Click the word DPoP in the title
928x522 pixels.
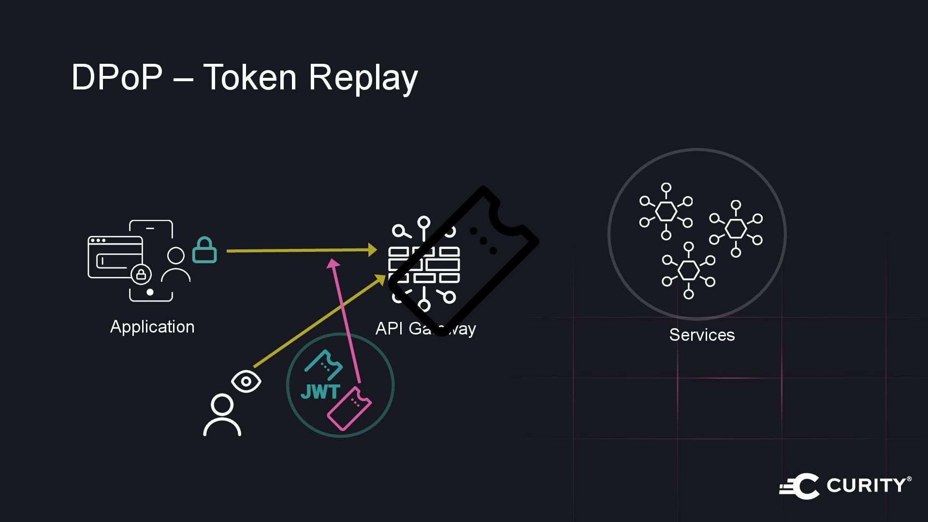116,77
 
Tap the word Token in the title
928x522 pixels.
249,77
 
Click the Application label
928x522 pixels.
152,327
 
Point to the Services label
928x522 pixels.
702,335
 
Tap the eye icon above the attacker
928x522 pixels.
246,381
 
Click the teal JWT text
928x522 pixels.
320,392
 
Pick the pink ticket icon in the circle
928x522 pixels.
349,408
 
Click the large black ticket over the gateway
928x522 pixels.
464,261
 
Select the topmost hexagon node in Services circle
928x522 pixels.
666,211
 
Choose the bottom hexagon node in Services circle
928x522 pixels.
689,270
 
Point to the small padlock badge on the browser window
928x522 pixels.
141,275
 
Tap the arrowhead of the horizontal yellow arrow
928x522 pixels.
372,250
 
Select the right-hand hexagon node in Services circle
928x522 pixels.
736,228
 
